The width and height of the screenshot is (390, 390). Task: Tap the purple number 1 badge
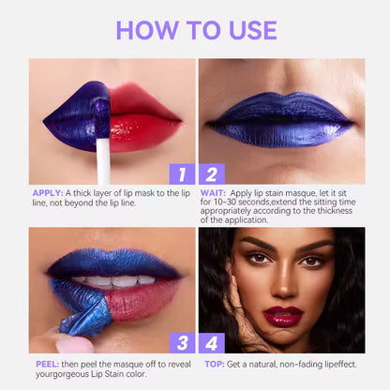[180, 172]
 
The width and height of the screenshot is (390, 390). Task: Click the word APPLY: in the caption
[46, 193]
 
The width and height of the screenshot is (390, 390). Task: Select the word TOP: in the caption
[213, 362]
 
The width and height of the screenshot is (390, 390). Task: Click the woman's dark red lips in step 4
[283, 316]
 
